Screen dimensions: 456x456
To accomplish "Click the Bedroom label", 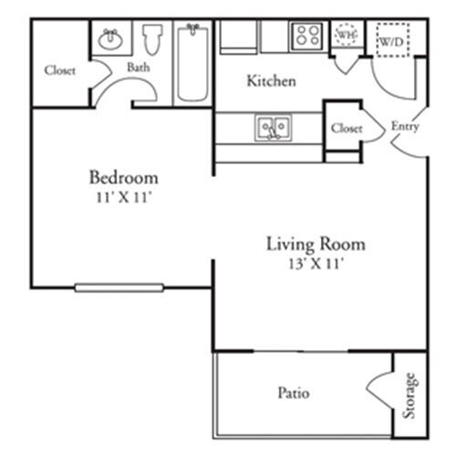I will tap(123, 177).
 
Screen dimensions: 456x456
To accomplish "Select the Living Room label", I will tap(316, 244).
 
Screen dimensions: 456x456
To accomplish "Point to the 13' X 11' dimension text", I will tap(316, 264).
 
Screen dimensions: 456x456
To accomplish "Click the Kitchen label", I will tap(271, 81).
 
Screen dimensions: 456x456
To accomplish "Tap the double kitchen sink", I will tap(272, 126).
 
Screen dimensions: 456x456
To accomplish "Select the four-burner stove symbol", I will tap(306, 36).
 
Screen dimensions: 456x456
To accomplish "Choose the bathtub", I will tap(192, 61).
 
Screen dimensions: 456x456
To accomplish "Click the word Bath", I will tap(139, 67).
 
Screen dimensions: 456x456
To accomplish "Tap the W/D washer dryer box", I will tap(392, 41).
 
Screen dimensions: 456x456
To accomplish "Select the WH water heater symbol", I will tap(346, 35).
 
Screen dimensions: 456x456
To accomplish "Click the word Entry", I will tap(405, 127).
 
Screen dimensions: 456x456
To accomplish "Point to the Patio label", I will tap(293, 394).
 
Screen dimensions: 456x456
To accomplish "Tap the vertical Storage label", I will tap(410, 394).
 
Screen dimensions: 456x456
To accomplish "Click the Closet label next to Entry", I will tap(347, 129).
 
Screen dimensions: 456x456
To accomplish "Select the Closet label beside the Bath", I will tap(60, 70).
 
